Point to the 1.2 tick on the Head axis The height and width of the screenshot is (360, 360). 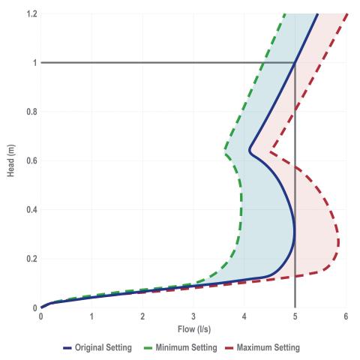(30, 13)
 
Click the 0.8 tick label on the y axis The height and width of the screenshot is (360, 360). (30, 112)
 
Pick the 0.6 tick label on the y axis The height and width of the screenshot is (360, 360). (30, 160)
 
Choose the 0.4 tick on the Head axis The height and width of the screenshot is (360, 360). (30, 209)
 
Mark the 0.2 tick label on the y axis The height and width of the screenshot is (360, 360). (30, 259)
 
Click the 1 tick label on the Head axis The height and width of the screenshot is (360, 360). (33, 62)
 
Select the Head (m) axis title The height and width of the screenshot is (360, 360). (9, 160)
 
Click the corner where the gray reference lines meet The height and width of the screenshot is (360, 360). (295, 62)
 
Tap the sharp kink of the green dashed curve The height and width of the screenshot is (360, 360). (225, 152)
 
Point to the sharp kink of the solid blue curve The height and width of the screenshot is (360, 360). (249, 150)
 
